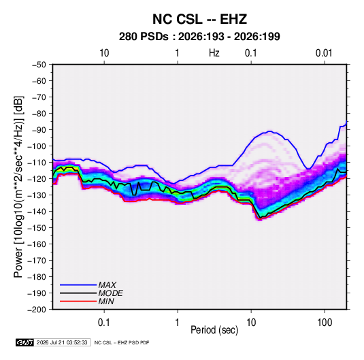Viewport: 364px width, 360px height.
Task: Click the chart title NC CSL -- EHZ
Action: [x=199, y=19]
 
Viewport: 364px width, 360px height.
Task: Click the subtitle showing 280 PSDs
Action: [x=199, y=37]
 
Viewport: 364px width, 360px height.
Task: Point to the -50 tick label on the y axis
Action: [x=39, y=65]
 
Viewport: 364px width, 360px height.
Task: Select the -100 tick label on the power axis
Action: [x=37, y=146]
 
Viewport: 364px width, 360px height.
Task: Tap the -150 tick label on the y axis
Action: [x=37, y=228]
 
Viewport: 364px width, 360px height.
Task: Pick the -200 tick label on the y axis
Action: [x=37, y=310]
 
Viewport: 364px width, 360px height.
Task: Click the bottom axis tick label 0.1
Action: [x=104, y=323]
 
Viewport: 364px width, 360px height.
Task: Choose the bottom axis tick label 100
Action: [x=325, y=323]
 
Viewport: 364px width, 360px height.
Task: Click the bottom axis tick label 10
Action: [x=251, y=323]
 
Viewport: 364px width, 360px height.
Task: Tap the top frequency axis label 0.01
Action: [x=324, y=53]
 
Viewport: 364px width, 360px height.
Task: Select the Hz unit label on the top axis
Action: [x=214, y=53]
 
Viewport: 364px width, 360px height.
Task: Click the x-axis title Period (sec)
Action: [x=214, y=330]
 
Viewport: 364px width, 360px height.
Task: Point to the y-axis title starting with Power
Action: [x=18, y=187]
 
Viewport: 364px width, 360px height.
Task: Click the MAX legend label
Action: [x=107, y=285]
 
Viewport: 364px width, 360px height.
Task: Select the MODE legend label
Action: [x=110, y=293]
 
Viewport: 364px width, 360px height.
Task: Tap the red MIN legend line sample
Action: [x=78, y=301]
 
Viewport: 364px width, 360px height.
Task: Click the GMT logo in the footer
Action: [x=24, y=342]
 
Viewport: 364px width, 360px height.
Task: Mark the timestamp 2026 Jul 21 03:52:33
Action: [x=62, y=342]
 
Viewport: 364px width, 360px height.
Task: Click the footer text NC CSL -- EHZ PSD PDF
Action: [x=122, y=342]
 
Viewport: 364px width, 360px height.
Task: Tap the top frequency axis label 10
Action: [x=104, y=53]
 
